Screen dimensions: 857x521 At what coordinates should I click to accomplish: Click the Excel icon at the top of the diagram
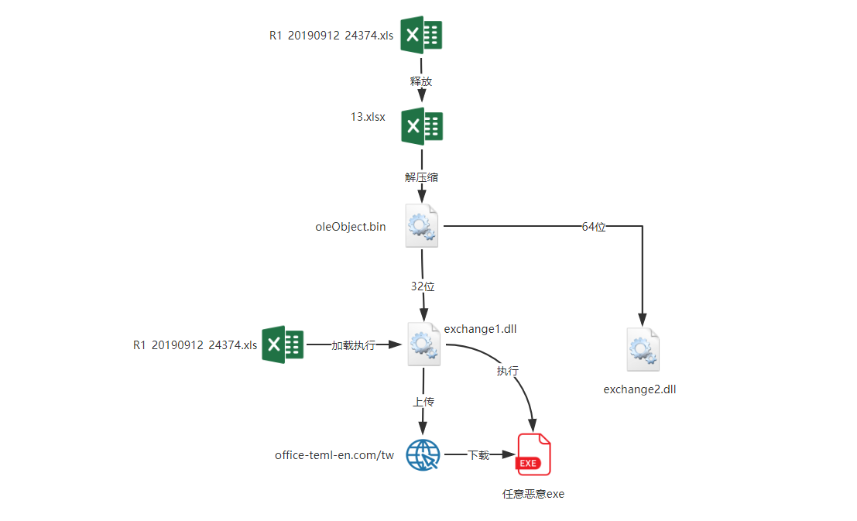point(421,35)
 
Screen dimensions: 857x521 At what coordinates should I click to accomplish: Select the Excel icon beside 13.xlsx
point(421,126)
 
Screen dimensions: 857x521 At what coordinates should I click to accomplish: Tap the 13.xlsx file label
point(368,117)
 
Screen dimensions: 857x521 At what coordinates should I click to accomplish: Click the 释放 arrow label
point(421,81)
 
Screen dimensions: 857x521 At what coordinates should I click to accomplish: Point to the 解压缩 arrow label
point(421,177)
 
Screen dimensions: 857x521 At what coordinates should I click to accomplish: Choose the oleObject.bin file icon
point(421,226)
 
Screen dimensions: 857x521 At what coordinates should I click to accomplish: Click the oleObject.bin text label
point(351,227)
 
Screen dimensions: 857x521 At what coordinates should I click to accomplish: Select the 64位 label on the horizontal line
point(594,227)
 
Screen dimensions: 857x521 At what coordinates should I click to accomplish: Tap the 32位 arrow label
point(423,286)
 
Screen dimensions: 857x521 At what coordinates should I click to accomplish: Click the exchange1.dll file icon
point(423,344)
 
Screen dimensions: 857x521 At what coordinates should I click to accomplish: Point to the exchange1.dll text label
point(481,329)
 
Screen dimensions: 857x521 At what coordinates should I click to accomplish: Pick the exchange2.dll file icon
point(643,350)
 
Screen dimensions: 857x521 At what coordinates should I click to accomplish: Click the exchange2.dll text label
point(639,389)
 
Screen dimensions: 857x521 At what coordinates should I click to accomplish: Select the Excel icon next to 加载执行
point(283,344)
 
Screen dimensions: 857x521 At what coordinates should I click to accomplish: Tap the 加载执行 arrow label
point(353,345)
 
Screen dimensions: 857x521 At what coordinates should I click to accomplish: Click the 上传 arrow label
point(423,402)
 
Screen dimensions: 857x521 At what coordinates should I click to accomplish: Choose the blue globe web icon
point(423,455)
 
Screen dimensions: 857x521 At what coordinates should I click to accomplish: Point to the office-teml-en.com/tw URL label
point(334,455)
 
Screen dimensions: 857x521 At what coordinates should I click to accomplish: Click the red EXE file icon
point(533,454)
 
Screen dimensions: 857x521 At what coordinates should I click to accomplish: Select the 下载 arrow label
point(478,455)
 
